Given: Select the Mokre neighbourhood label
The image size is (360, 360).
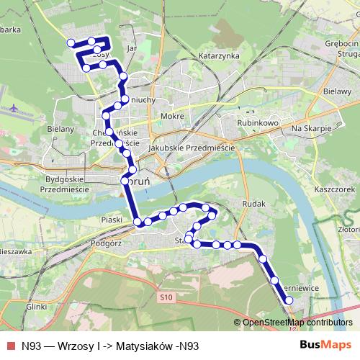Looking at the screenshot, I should pos(173,116).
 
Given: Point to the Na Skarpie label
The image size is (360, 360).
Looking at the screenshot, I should pos(311,127).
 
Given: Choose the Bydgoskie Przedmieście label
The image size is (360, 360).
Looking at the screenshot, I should pos(66,183).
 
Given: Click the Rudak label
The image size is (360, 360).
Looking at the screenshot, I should pos(255,204).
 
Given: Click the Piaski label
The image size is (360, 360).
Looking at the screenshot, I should pos(112,218).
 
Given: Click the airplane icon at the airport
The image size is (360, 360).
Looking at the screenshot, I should pos(17,109).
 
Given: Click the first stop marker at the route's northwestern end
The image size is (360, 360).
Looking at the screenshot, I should pos(71,43).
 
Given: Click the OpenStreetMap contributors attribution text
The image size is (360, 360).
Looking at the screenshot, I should pos(296,322).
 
